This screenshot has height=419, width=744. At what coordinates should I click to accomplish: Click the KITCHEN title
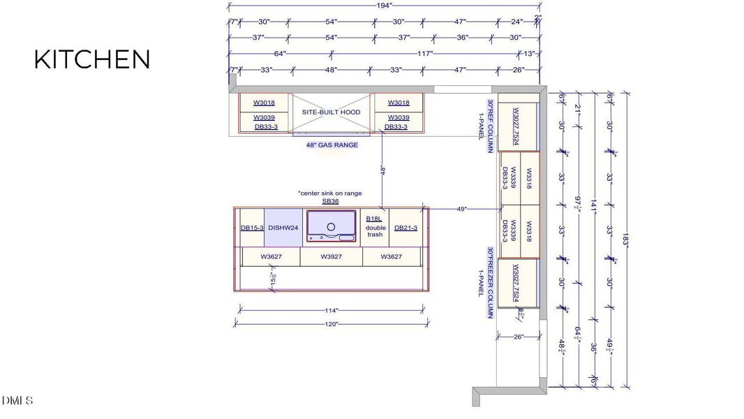click(x=92, y=59)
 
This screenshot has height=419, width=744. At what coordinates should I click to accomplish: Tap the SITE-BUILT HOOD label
click(x=331, y=112)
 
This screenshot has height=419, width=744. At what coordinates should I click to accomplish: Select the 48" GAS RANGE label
click(x=332, y=145)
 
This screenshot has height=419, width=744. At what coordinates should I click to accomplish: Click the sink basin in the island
click(x=331, y=226)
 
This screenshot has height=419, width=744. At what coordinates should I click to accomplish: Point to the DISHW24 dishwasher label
click(x=283, y=228)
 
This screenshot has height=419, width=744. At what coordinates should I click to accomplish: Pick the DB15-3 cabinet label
click(x=252, y=228)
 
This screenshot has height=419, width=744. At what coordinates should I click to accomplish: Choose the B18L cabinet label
click(x=374, y=219)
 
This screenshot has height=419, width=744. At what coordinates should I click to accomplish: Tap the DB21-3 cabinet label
click(x=406, y=228)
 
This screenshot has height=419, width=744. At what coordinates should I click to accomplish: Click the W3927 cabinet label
click(x=331, y=257)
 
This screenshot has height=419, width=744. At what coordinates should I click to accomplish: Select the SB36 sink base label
click(x=330, y=201)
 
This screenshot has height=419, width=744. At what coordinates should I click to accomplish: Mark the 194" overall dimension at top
click(x=383, y=6)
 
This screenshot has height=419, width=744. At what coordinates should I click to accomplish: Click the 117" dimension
click(x=424, y=54)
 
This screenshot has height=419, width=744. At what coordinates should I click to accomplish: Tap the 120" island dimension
click(x=331, y=324)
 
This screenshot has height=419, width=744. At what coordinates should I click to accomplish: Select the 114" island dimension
click(x=331, y=310)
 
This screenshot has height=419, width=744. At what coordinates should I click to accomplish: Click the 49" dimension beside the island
click(x=461, y=208)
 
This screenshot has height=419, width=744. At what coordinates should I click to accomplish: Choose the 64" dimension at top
click(x=280, y=54)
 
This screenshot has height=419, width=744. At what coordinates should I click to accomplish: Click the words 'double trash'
click(x=375, y=231)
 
